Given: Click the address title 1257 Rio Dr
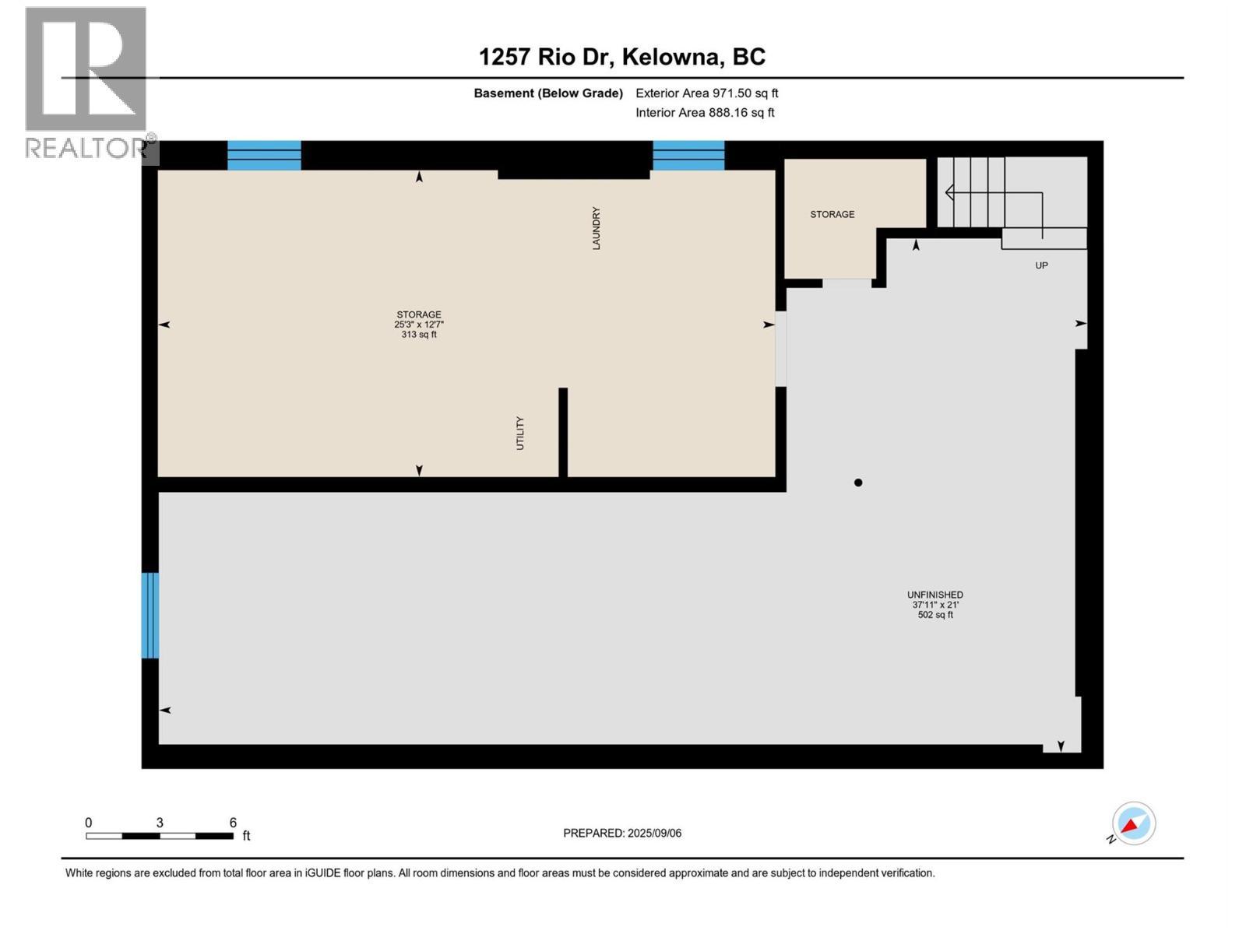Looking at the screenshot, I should tap(621, 57).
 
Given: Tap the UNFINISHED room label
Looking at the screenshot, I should tap(935, 595).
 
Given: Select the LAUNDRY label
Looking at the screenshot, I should tap(597, 228).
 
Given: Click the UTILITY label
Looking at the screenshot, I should tap(520, 433).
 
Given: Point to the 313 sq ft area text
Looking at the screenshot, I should tap(419, 335).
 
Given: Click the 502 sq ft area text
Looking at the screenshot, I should tap(935, 615).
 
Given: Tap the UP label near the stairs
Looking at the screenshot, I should tap(1041, 265).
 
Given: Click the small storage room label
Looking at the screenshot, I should tap(832, 214).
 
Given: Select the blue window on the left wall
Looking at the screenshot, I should tap(150, 615).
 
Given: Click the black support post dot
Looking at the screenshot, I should tap(858, 483).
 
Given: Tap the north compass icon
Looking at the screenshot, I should tap(1133, 823).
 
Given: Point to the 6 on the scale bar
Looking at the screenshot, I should tap(233, 823).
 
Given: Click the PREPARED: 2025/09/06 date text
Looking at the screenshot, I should tap(622, 833).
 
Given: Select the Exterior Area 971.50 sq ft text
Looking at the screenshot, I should tap(706, 93).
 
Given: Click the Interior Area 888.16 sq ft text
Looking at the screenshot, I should tap(705, 112).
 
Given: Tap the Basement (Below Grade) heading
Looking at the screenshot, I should tap(548, 93).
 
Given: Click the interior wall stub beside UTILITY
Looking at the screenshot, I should tap(563, 432).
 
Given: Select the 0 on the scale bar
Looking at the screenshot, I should tap(89, 823).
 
